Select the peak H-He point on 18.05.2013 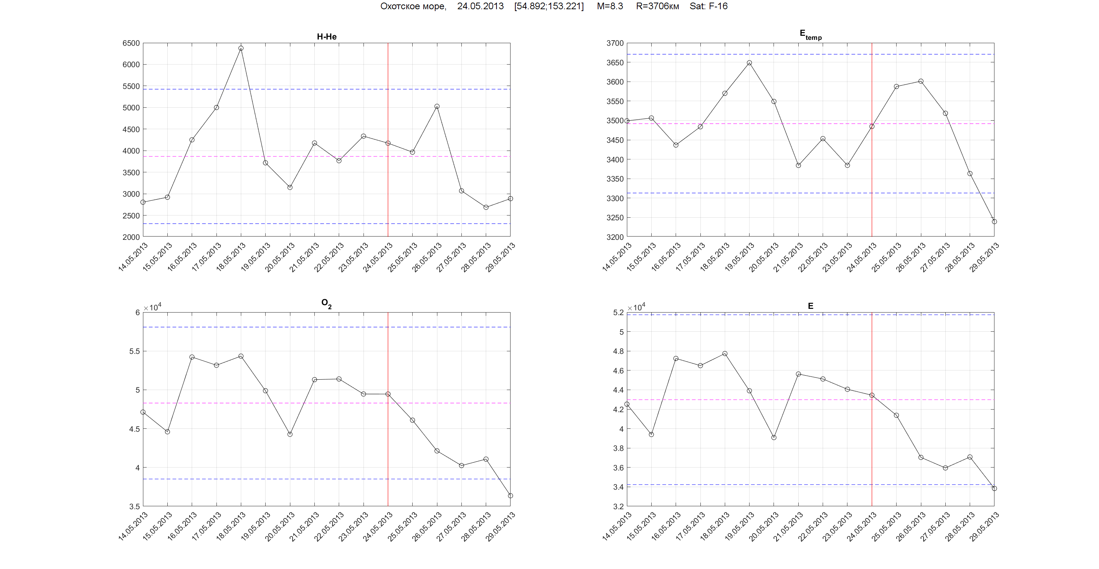[x=241, y=48]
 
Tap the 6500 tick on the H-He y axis [x=131, y=43]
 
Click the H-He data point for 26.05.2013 [x=437, y=107]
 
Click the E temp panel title [x=810, y=35]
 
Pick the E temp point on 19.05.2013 [x=749, y=63]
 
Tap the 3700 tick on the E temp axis [x=615, y=43]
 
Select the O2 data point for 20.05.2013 [x=290, y=434]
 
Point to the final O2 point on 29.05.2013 [x=510, y=496]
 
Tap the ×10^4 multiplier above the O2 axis [x=152, y=307]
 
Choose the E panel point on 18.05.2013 [x=725, y=354]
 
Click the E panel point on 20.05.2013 [x=774, y=438]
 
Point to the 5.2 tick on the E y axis [x=618, y=313]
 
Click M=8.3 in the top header [x=610, y=6]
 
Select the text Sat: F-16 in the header [x=708, y=6]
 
